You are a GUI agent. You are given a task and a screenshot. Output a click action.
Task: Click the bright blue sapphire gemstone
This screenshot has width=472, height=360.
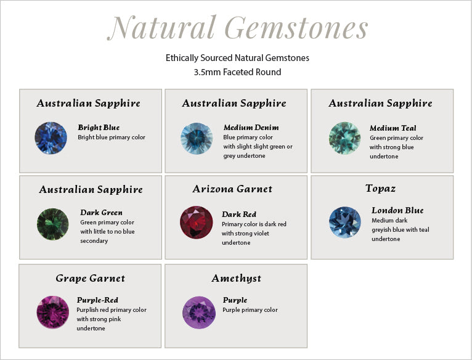(51, 138)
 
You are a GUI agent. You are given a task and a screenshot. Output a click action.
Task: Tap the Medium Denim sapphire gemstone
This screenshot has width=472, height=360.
(197, 138)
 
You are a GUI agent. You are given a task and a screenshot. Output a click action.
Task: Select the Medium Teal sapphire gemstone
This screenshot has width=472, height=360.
(344, 138)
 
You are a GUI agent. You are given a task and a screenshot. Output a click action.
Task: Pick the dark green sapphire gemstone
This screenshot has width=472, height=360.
(52, 224)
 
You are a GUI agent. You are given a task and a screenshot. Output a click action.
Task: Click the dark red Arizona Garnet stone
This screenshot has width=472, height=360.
(197, 223)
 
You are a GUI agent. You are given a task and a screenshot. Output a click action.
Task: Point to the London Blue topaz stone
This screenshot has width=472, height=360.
(345, 223)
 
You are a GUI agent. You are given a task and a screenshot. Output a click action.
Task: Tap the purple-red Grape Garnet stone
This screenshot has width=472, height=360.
(52, 312)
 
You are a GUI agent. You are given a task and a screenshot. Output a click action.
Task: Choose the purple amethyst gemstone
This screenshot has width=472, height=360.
(199, 313)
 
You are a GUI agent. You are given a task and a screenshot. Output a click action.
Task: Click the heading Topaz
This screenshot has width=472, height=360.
(380, 189)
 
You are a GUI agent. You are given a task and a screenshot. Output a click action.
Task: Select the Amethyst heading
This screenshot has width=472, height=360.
(236, 279)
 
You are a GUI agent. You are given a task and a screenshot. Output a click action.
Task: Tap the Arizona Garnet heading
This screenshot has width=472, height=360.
(232, 189)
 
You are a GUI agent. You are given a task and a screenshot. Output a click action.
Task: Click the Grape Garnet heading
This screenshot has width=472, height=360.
(91, 279)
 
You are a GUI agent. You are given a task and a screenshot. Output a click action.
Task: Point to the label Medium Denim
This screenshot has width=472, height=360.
(251, 128)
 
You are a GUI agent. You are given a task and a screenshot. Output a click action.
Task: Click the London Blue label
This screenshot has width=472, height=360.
(397, 210)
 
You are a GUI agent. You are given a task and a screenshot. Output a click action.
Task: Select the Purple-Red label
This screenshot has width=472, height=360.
(97, 300)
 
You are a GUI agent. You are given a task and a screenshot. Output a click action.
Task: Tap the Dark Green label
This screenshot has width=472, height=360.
(102, 213)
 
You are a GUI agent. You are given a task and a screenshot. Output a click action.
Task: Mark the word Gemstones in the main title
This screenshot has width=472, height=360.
(296, 28)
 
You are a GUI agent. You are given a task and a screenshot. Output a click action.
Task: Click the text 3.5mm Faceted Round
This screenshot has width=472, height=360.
(237, 72)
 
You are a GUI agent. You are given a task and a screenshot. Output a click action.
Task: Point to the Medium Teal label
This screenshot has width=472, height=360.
(393, 128)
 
